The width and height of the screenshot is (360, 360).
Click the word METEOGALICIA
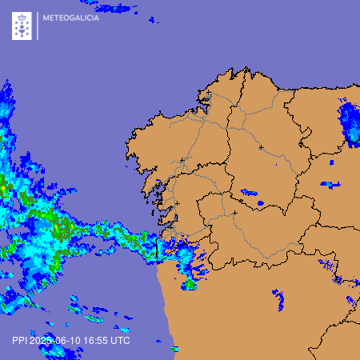(x=71, y=18)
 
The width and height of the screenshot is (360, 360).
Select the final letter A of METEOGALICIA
(x=97, y=18)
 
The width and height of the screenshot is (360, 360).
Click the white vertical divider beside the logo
(x=37, y=26)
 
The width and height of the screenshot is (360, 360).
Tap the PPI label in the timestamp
(x=20, y=340)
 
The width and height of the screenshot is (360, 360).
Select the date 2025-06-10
(x=58, y=340)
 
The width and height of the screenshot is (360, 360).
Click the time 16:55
(x=98, y=340)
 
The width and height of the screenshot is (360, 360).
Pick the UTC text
(x=120, y=340)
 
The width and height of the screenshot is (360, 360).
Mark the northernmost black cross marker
(x=210, y=94)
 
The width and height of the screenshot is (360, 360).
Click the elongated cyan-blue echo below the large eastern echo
(x=330, y=185)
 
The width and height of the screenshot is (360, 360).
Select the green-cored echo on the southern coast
(x=190, y=282)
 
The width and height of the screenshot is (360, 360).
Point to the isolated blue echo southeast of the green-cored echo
(x=279, y=300)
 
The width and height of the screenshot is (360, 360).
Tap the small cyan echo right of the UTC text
(x=174, y=349)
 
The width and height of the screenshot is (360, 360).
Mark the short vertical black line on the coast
(x=158, y=251)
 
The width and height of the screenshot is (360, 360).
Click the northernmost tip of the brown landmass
(x=247, y=69)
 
